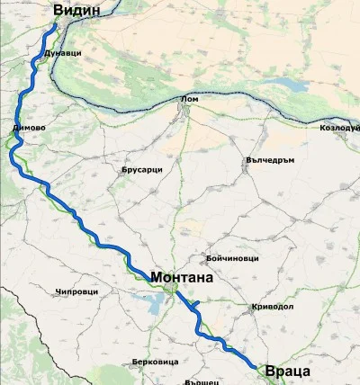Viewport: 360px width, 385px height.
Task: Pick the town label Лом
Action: pyautogui.click(x=189, y=99)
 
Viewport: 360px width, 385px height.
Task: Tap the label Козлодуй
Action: pyautogui.click(x=339, y=128)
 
